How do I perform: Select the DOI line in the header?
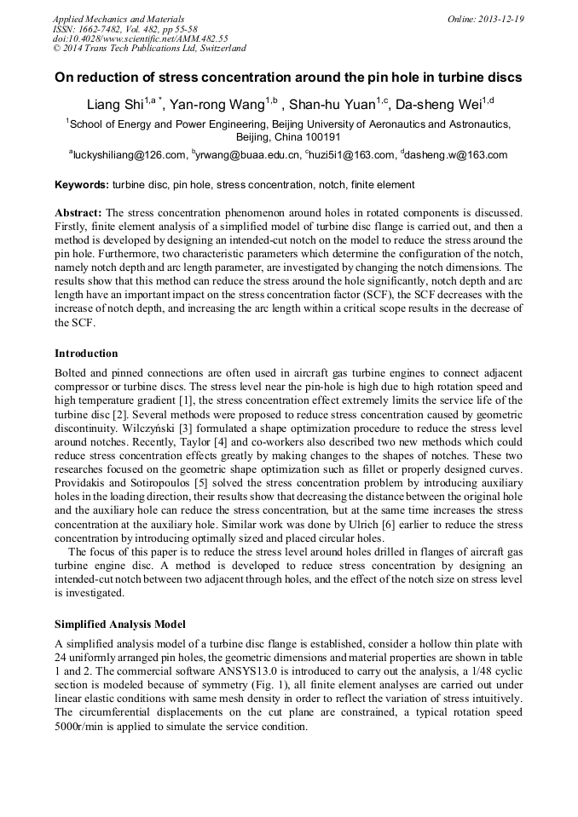[140, 38]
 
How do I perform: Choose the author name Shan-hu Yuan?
[331, 106]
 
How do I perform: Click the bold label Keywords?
[82, 185]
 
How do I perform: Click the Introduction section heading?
[86, 354]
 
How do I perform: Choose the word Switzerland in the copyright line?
[217, 49]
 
